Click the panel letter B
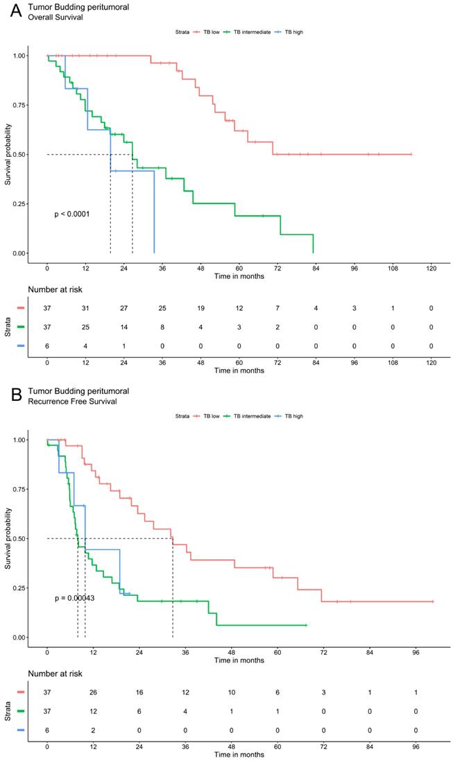pyautogui.click(x=9, y=395)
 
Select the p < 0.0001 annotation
pyautogui.click(x=72, y=214)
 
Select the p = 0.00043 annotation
pyautogui.click(x=74, y=598)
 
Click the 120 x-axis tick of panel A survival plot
pyautogui.click(x=431, y=268)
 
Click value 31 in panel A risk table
pyautogui.click(x=85, y=307)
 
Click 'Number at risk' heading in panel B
pyautogui.click(x=58, y=673)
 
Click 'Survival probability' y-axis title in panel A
pyautogui.click(x=8, y=154)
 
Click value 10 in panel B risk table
pyautogui.click(x=232, y=692)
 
